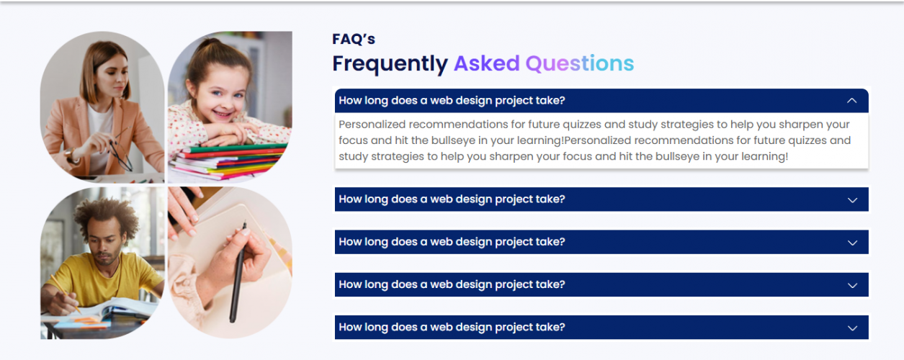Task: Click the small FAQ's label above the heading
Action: point(354,39)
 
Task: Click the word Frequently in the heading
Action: point(390,64)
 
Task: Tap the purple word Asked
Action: point(487,63)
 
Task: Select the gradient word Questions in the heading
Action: point(580,63)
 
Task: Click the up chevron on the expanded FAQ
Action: point(851,101)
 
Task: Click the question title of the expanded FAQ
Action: point(452,101)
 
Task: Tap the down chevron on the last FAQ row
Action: point(852,328)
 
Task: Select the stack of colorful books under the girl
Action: point(228,161)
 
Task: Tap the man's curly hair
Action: point(106,216)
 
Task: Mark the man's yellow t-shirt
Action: point(106,279)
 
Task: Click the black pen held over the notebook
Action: point(238,271)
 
